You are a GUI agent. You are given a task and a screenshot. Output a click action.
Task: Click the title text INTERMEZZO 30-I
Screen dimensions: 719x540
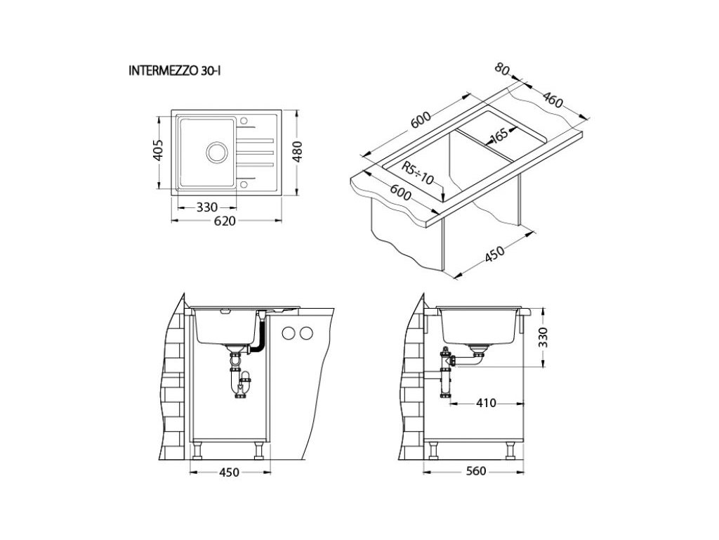[x=175, y=71]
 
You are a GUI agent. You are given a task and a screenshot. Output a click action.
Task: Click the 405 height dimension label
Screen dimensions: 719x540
[x=158, y=150]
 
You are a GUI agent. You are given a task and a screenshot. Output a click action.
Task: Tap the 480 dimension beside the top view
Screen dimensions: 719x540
[x=297, y=152]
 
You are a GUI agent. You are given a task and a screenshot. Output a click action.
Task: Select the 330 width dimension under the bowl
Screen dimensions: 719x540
[x=207, y=207]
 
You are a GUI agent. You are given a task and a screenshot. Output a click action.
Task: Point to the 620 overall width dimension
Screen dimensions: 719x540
[x=225, y=221]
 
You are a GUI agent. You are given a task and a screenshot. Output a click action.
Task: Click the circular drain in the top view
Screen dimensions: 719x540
[x=216, y=152]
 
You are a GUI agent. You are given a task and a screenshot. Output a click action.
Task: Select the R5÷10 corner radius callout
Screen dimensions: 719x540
[x=417, y=173]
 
